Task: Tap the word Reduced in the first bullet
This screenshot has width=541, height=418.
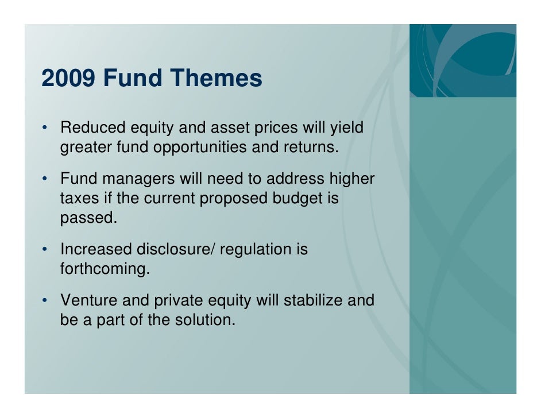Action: coord(89,127)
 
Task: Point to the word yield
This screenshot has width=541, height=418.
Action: coord(346,127)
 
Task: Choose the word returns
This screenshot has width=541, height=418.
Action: coord(311,148)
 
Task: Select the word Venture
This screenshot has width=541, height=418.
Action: coord(90,300)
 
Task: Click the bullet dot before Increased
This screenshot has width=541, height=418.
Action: coord(44,251)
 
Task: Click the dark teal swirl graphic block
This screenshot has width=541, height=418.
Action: coord(462,60)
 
